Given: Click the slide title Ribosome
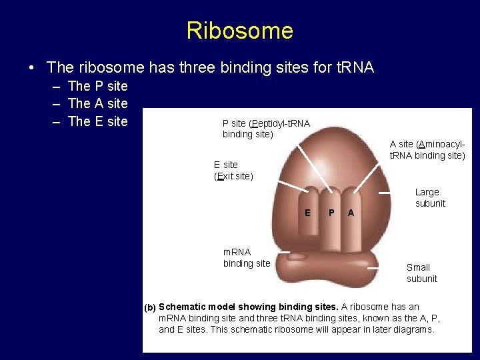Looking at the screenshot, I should pos(239,31).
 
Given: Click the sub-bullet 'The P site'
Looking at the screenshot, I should pos(97,86).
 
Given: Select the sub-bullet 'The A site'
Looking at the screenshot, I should pos(97,103).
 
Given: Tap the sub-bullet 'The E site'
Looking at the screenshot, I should pos(97,121).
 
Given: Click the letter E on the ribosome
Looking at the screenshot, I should pos(307,213).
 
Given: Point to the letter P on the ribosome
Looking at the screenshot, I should pos(331,213).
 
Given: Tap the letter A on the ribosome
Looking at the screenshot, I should pos(351,213).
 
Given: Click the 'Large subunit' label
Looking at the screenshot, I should pos(430,198).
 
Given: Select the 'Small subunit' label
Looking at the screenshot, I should pos(422,273).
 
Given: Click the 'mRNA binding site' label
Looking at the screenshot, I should pos(247,258).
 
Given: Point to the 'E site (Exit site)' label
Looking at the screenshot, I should pos(233,171).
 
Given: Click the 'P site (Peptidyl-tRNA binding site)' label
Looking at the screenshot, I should pos(265,129).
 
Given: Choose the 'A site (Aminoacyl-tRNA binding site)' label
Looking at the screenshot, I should pos(427,151).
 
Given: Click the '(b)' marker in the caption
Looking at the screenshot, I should pos(150,307).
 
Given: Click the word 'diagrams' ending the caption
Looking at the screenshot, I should pos(413,329).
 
